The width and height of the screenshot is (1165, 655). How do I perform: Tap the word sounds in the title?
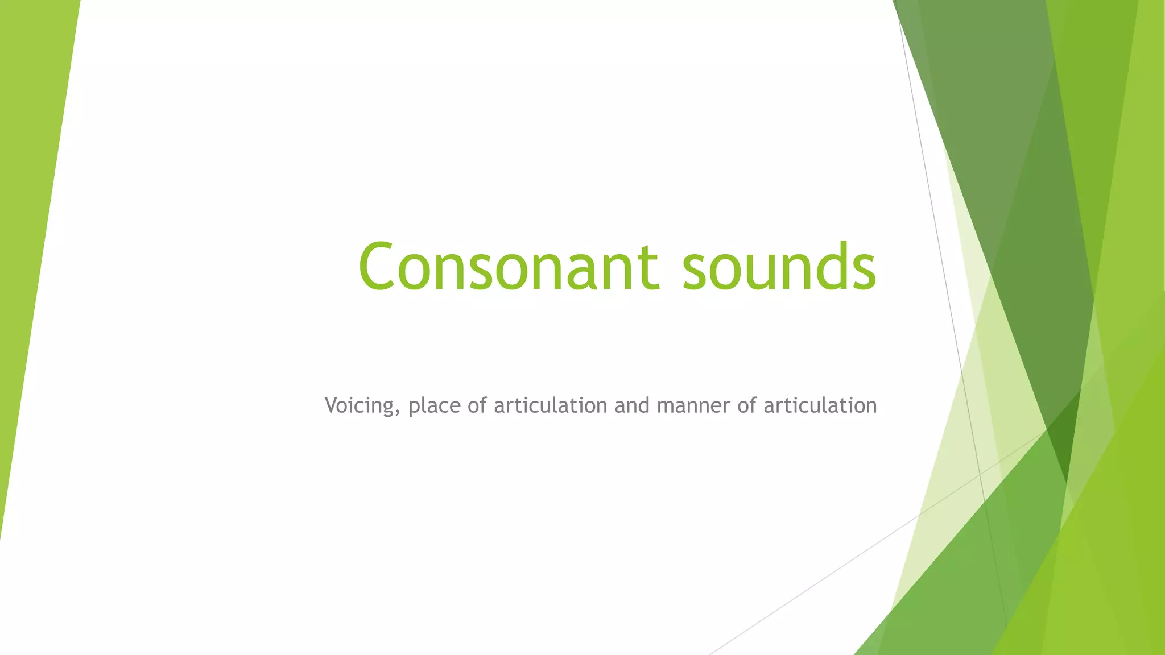coord(779,266)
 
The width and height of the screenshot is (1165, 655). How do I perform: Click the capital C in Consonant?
coord(377,266)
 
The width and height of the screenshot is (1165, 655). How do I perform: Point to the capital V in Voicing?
coord(332,405)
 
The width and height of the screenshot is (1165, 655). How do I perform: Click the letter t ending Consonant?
coord(650,267)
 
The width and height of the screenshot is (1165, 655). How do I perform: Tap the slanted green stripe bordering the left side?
coord(34,227)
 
